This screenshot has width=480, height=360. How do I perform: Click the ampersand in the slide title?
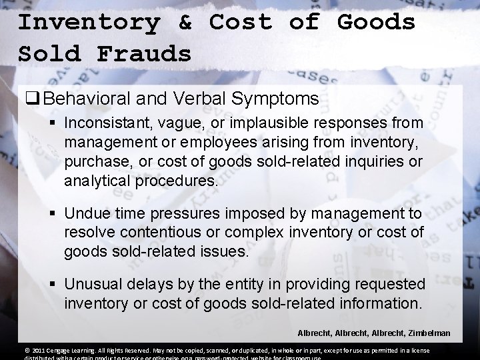(x=185, y=22)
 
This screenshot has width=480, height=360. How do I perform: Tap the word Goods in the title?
(x=377, y=22)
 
